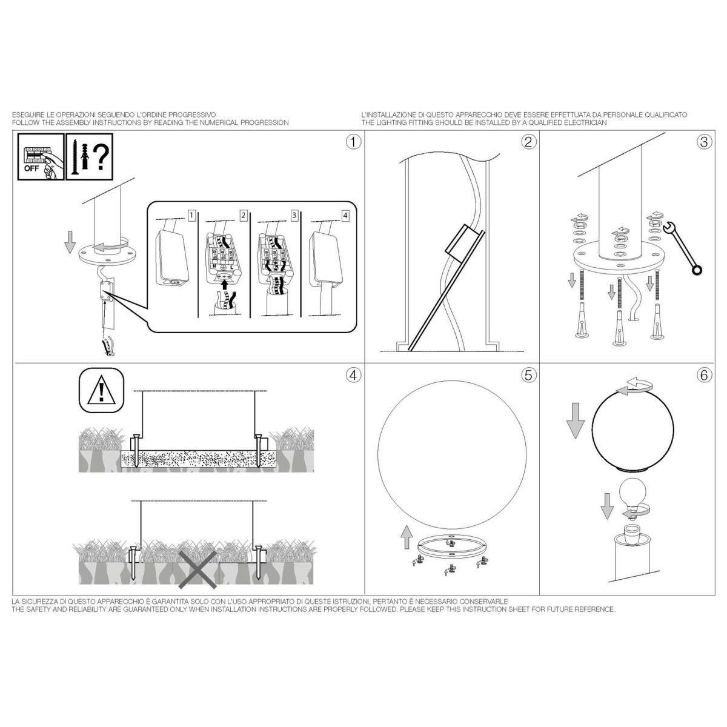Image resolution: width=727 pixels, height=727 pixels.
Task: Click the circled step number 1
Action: click(353, 142)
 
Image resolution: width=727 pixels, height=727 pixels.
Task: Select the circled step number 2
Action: click(528, 142)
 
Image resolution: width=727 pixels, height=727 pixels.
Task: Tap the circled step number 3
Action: click(703, 142)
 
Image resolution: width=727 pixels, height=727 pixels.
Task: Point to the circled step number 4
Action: click(353, 375)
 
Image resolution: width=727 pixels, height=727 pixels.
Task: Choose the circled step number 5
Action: click(528, 375)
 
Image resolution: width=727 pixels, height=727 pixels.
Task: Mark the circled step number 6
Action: click(703, 375)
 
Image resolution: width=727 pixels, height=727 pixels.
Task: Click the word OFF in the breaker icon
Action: click(32, 168)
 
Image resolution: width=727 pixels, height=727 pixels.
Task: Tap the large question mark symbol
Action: click(101, 157)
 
